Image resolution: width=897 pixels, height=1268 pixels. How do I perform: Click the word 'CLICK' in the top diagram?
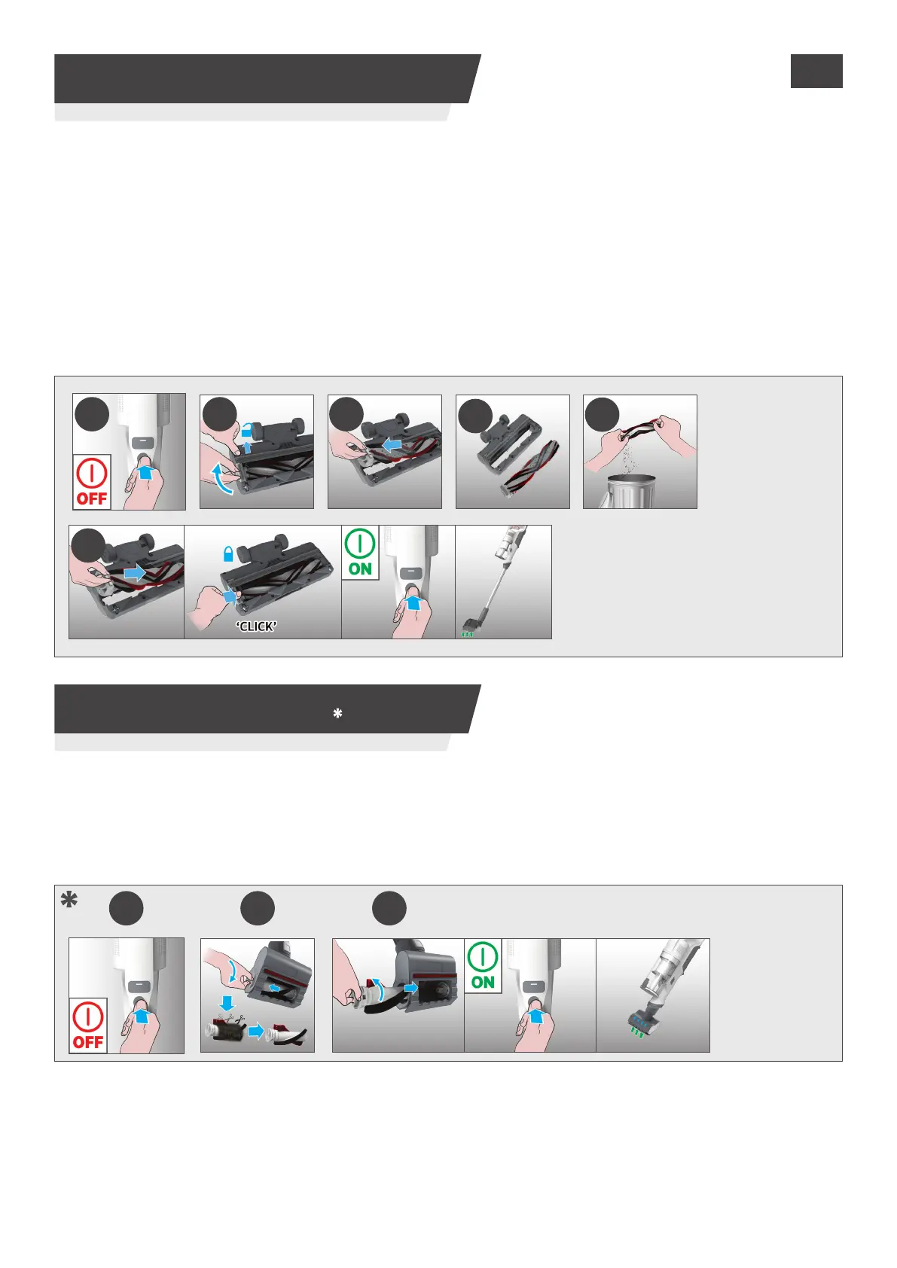coord(257,626)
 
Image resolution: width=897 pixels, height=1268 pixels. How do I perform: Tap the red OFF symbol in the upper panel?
coord(92,482)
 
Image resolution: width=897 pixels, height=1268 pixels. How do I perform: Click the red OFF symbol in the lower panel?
coord(88,1025)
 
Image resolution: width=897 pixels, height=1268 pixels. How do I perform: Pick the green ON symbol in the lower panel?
coord(483,966)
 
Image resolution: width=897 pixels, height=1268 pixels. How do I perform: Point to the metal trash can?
coord(629,492)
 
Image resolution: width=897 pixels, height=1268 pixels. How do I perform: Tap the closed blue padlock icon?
coord(228,553)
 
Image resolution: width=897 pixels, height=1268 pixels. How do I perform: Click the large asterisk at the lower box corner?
coord(69,900)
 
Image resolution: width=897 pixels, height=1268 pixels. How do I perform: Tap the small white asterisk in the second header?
coord(337,713)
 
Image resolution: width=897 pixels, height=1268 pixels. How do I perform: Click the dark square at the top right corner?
coord(816,71)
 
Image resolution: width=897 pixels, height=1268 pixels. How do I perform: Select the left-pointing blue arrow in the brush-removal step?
coord(395,445)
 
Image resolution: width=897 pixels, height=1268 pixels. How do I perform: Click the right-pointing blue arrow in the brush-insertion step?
coord(135,573)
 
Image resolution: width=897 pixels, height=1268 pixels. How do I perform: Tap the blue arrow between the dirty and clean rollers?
coord(256,1031)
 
